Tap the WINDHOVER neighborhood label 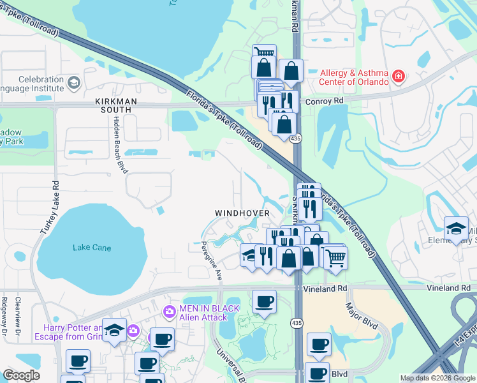pos(242,212)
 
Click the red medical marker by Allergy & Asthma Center pos(399,77)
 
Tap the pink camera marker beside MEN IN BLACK pos(170,312)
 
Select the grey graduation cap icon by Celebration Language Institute pos(74,83)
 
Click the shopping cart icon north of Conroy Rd pos(264,54)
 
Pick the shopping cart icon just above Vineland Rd pos(335,257)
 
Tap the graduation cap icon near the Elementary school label pos(456,229)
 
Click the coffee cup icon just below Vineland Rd pos(264,302)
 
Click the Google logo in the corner pos(21,375)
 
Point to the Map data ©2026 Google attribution pos(437,378)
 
